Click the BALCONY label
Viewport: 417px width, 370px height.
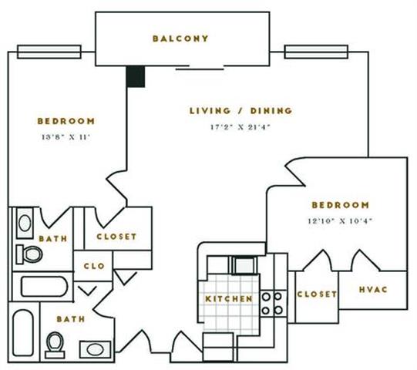180,39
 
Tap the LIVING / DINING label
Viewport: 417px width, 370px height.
241,111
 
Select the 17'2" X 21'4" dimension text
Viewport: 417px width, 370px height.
240,127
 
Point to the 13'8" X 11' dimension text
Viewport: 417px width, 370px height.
66,137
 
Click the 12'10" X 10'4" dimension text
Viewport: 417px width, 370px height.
340,220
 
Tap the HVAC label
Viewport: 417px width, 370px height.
373,290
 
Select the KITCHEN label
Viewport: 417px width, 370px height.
229,299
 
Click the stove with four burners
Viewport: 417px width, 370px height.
273,304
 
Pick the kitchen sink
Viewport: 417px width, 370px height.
244,265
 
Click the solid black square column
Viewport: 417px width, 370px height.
136,76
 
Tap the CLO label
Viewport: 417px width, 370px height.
94,266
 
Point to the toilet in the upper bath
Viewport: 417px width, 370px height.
29,254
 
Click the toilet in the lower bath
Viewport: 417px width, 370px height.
55,345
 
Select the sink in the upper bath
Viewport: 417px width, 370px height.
25,224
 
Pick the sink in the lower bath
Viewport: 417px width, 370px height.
95,349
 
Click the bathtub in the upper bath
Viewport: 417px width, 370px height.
44,287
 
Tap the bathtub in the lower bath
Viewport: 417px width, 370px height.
23,333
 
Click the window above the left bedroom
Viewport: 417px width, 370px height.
49,52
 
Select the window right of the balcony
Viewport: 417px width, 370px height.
316,52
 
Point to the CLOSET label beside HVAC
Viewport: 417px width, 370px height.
317,294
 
